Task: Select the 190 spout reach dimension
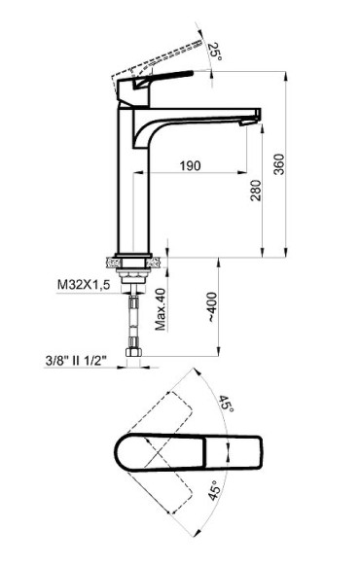(x=190, y=166)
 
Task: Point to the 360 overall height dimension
(x=280, y=166)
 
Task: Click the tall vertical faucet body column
(x=131, y=185)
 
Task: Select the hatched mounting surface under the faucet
(x=131, y=261)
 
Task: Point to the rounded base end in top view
(x=125, y=452)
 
